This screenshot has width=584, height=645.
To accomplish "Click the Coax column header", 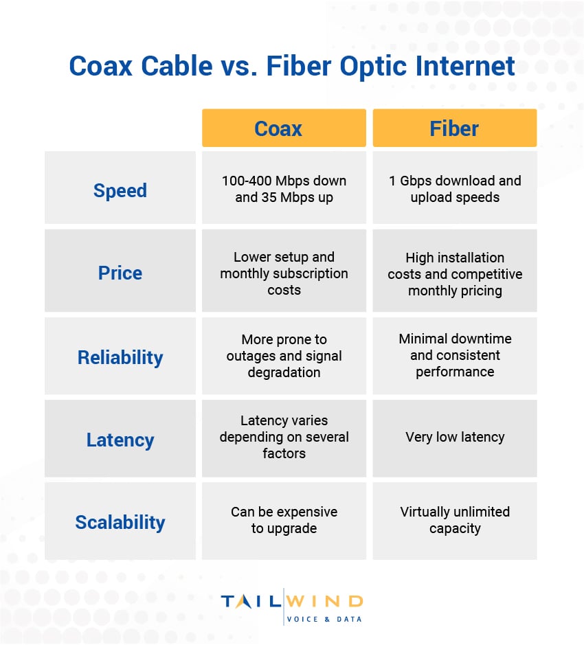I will point(284,128).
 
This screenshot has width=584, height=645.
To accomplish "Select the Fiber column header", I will point(454,128).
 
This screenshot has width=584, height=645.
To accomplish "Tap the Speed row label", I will point(120,190).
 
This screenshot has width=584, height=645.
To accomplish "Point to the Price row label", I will point(120,273).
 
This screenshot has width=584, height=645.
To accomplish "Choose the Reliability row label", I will point(120,357).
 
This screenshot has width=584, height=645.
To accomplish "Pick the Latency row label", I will point(120,440).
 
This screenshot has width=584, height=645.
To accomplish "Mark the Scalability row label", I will point(120,522).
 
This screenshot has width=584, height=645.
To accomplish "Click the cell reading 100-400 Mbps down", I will point(284,189).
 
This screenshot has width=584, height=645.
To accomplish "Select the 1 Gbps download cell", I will point(454,189).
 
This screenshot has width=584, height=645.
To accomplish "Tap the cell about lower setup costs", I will point(284,273).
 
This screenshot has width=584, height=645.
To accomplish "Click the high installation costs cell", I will point(454,273).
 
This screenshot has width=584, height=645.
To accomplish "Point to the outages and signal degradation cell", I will point(284,356).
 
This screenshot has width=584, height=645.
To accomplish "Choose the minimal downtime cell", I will point(454,355).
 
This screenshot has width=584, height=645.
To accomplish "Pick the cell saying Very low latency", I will point(454,437).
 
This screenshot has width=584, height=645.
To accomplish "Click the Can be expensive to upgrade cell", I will point(284,520).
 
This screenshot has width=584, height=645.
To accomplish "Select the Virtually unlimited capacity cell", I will point(454,520).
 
